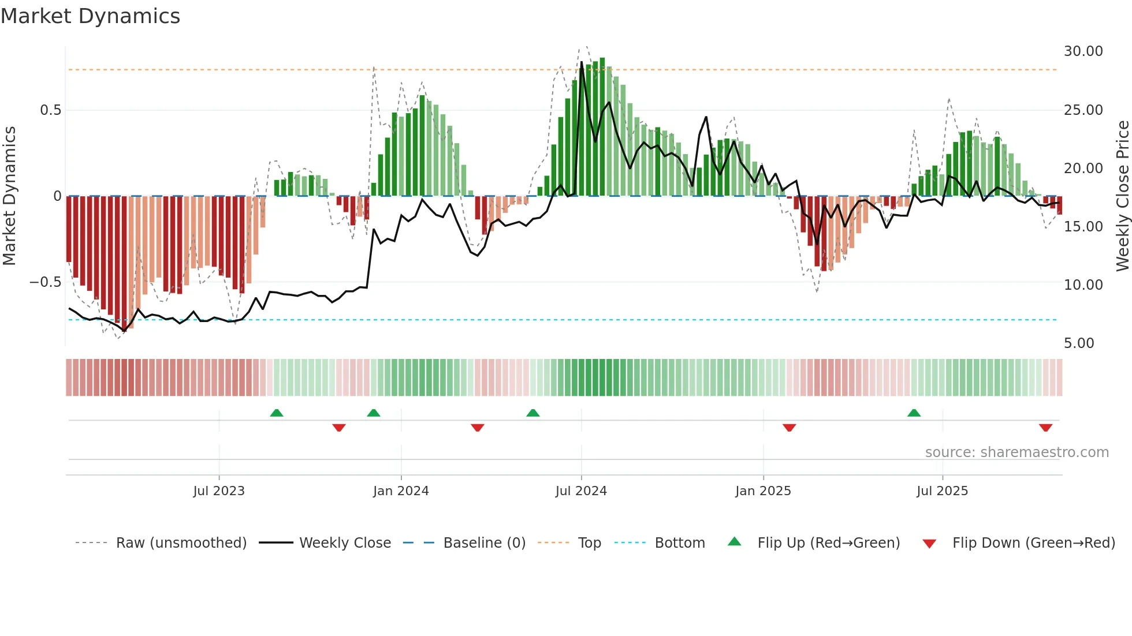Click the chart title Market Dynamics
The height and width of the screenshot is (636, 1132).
point(90,16)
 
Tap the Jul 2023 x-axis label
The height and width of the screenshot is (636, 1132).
point(219,491)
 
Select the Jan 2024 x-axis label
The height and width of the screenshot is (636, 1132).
point(401,491)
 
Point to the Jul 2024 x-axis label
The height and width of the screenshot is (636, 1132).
point(581,491)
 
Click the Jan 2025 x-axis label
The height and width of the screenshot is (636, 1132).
point(763,491)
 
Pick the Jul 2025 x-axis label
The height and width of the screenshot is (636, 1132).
point(942,491)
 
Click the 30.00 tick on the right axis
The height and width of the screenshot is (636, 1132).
point(1083,51)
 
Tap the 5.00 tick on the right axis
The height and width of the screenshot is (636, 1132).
point(1079,343)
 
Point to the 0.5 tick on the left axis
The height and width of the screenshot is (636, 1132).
point(50,110)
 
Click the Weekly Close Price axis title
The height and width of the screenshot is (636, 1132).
point(1122,196)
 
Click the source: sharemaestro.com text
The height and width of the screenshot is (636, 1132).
point(1016,452)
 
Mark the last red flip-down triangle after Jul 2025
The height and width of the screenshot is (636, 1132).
point(1045,428)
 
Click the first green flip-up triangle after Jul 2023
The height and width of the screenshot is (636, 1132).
point(277,413)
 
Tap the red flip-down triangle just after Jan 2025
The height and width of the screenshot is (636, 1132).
point(790,428)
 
